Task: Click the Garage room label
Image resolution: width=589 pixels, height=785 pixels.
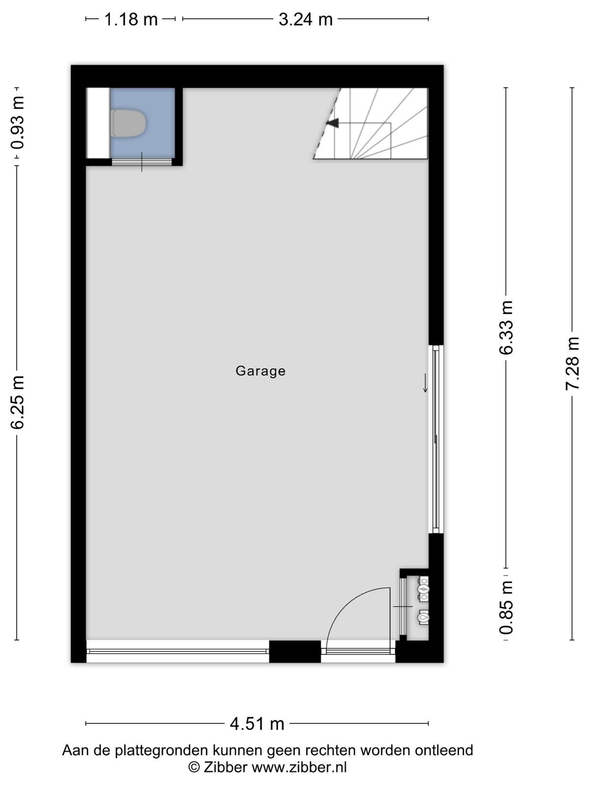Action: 260,371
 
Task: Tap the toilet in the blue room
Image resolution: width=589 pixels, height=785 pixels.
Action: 129,123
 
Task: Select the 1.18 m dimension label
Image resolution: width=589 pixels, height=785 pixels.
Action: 131,19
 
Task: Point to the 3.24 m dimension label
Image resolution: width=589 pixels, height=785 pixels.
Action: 305,19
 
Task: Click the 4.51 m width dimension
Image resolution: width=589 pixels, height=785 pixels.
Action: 257,724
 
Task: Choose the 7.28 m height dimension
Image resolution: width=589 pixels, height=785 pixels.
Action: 572,364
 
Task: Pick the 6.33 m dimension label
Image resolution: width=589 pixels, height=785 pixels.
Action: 506,328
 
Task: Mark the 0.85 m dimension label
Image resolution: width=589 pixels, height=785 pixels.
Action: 506,607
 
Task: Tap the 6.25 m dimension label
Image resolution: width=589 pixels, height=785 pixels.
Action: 17,402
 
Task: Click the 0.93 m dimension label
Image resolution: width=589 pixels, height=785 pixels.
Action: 17,122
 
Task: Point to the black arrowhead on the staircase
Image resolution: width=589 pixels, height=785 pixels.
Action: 332,123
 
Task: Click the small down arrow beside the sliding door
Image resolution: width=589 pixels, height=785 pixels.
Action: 425,383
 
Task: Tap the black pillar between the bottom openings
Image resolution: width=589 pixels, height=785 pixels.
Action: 294,651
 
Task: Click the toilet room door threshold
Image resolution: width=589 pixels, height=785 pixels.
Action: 142,161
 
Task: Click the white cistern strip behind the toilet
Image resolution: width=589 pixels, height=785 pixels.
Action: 98,123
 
